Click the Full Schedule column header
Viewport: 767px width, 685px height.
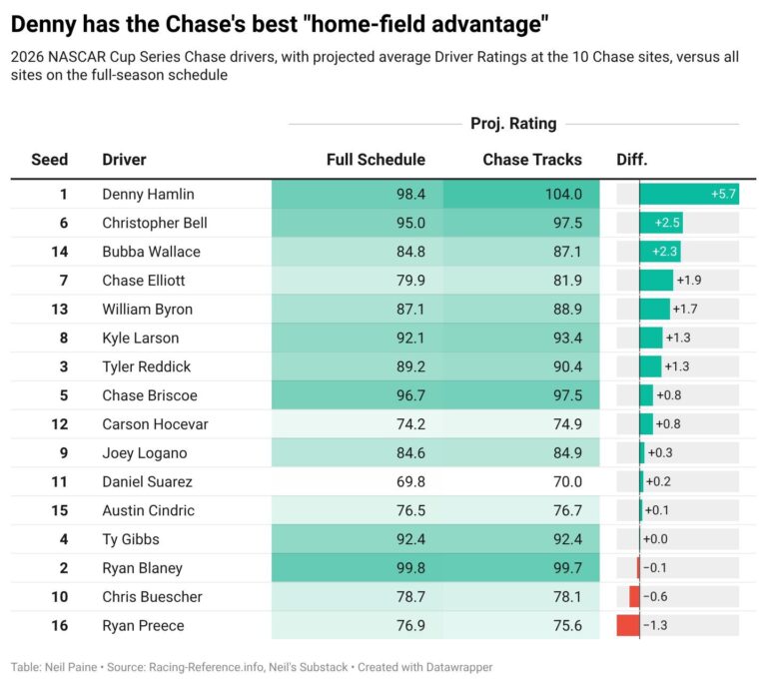click(x=376, y=160)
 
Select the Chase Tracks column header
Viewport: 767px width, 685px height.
click(x=532, y=160)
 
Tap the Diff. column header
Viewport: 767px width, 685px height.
click(x=631, y=160)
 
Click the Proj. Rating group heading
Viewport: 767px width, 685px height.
click(x=513, y=123)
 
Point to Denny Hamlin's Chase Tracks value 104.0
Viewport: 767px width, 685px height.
click(x=563, y=194)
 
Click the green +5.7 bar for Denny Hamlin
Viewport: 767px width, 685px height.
click(x=689, y=194)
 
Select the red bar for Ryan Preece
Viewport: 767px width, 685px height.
click(x=628, y=625)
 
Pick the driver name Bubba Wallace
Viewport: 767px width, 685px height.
click(x=151, y=252)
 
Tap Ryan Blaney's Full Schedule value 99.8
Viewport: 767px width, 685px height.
click(x=410, y=567)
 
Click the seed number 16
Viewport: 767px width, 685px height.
click(x=60, y=625)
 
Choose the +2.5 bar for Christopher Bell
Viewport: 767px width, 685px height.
click(x=661, y=223)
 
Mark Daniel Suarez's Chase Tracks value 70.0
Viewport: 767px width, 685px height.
click(x=567, y=481)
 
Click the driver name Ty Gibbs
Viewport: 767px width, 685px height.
click(x=131, y=539)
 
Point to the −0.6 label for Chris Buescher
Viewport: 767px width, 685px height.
click(x=655, y=596)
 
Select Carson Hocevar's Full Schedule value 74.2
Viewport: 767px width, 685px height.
click(x=410, y=424)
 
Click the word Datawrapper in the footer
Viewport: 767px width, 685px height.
click(x=459, y=667)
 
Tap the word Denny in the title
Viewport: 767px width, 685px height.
click(x=44, y=24)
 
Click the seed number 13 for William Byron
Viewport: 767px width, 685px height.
click(x=60, y=309)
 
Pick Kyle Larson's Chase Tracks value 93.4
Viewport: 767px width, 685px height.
click(x=567, y=338)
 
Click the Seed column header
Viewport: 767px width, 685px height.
click(x=49, y=160)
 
